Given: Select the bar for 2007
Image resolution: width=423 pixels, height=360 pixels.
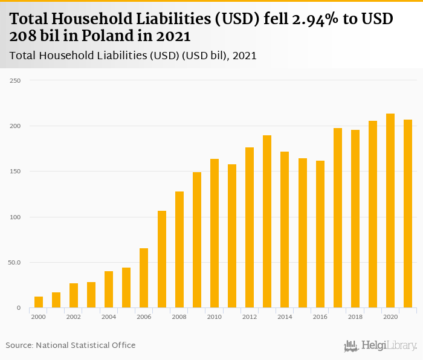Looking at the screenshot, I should coord(162,260).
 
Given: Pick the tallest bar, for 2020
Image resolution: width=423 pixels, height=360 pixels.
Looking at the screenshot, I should coord(390,211).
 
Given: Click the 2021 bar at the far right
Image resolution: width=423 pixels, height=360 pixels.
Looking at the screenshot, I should coord(408,214).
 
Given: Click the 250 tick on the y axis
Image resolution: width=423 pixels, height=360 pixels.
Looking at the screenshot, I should coord(16,80).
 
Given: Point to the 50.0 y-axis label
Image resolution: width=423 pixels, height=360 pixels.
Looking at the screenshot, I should coord(14,263).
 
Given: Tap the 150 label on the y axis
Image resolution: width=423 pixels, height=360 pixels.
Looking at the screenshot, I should coord(16,172).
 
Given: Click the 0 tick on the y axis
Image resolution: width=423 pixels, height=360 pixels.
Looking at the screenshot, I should coord(18,308).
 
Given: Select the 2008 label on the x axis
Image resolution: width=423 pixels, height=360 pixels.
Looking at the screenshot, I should coord(179,317).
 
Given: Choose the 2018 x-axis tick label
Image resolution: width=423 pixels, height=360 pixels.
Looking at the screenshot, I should coord(355,317).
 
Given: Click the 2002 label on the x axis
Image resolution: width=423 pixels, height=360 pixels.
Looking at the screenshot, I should coord(74,317).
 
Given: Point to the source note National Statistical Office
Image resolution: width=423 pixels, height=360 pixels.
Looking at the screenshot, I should coord(85,345).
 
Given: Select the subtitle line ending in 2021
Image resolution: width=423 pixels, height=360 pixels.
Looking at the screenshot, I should coord(134,56).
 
